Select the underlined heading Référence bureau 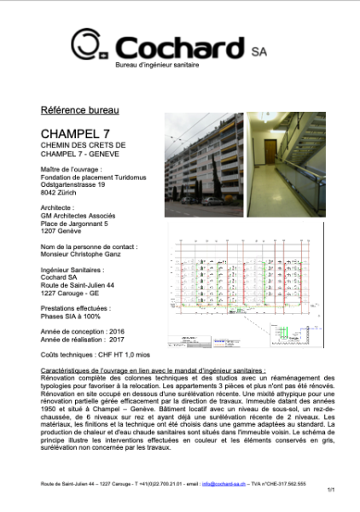pyautogui.click(x=79, y=111)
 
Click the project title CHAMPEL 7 pyautogui.click(x=76, y=134)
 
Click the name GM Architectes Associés pyautogui.click(x=85, y=216)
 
